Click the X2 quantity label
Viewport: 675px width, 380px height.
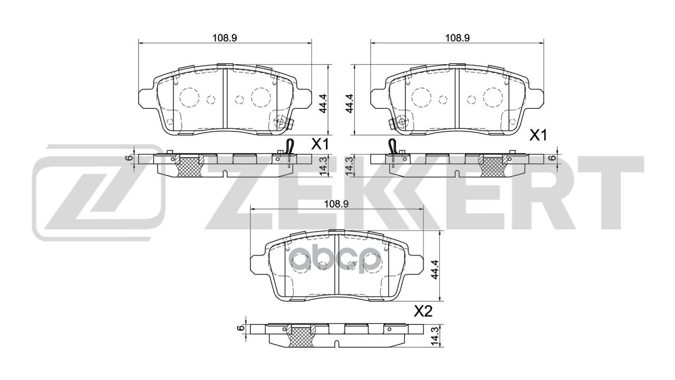pyautogui.click(x=423, y=311)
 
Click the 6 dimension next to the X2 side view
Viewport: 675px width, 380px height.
pyautogui.click(x=241, y=328)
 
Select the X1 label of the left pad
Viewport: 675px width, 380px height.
pyautogui.click(x=320, y=144)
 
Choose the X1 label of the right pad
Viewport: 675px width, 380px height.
pyautogui.click(x=537, y=136)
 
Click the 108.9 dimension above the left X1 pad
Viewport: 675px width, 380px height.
pyautogui.click(x=224, y=37)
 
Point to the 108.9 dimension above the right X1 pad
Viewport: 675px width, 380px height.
pyautogui.click(x=457, y=37)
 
